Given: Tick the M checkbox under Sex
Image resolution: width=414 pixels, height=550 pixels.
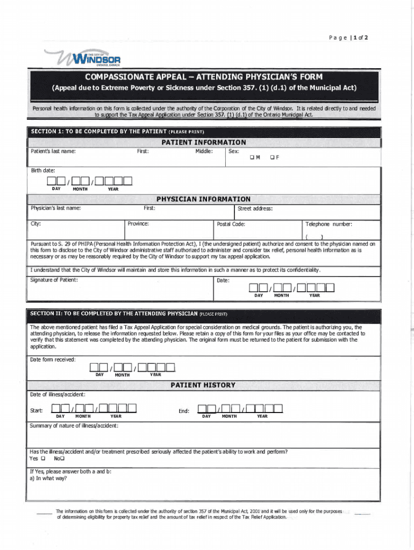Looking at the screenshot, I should pos(251,157).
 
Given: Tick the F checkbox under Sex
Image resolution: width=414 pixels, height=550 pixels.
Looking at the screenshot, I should pos(273,157).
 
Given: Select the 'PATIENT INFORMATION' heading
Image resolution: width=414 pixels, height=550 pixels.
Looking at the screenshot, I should pos(204,142).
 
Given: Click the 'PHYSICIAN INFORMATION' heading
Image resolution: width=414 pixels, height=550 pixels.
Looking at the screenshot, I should pos(203,199).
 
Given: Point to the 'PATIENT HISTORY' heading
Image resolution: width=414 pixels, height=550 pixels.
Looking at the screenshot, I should pos(203,385).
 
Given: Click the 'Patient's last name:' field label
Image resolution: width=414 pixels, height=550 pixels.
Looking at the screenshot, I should pos(53,151).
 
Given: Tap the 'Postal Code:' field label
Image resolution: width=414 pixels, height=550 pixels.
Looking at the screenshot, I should pos(231,224).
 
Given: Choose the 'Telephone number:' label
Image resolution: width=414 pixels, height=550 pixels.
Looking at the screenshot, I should pos(329,224).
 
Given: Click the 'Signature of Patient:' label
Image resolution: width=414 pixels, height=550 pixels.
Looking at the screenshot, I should pos(54,280).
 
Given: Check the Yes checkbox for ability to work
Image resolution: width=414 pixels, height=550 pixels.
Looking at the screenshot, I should pos(43,459).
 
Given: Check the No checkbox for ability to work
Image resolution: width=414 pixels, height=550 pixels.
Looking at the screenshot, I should pos(62,459).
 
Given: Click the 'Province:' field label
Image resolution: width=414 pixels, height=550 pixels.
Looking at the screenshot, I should pos(139,224).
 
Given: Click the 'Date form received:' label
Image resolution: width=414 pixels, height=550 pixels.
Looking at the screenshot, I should pos(53,359).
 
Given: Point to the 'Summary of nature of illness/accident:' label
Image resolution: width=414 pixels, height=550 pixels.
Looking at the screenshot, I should pos(74,426).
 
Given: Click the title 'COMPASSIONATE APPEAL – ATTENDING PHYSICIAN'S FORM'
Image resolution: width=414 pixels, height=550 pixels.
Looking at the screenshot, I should pos(204,77).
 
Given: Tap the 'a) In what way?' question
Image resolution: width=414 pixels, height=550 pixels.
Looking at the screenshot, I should pos(48,478).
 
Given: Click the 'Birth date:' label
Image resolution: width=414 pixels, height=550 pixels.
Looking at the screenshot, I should pos(43,170).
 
